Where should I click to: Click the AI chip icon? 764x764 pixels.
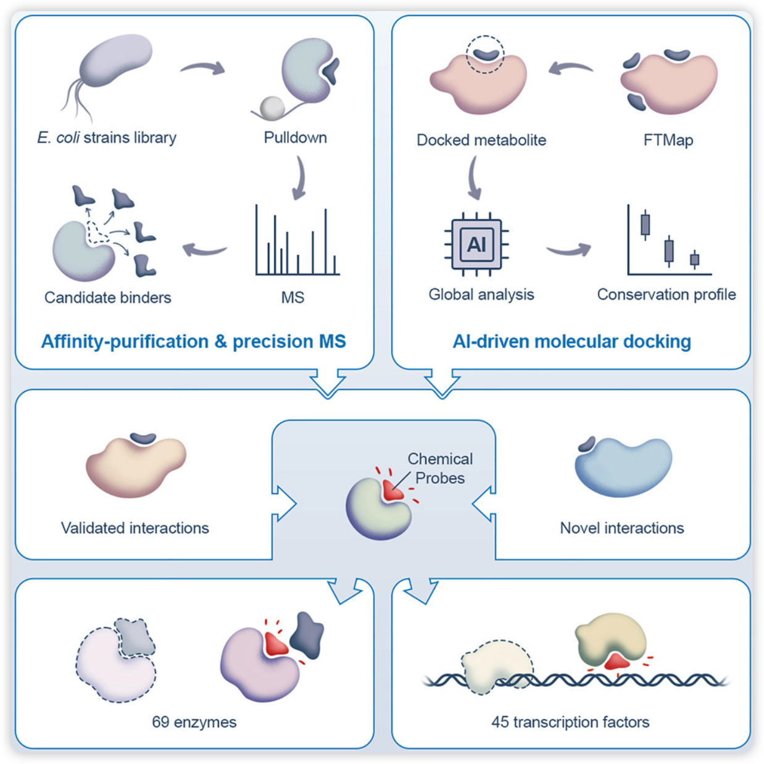[476, 244]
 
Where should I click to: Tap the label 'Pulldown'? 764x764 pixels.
[295, 137]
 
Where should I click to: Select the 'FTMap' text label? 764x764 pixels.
[668, 140]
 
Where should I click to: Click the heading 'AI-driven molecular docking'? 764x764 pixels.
[571, 341]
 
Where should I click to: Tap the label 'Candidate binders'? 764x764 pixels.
[107, 297]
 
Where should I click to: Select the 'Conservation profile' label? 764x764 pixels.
[666, 294]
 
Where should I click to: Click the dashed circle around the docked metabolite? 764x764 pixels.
[484, 54]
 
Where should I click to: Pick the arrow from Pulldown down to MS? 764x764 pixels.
[299, 178]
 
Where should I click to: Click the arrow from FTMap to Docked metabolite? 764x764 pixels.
[570, 67]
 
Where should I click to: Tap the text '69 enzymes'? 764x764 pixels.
[194, 722]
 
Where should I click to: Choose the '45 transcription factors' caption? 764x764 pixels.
[570, 722]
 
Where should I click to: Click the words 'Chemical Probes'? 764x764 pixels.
[439, 468]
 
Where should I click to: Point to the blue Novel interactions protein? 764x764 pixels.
[623, 466]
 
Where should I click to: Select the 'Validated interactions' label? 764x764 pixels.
[135, 528]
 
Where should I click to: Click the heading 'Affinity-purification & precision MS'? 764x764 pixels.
[193, 341]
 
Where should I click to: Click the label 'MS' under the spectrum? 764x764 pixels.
[293, 297]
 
